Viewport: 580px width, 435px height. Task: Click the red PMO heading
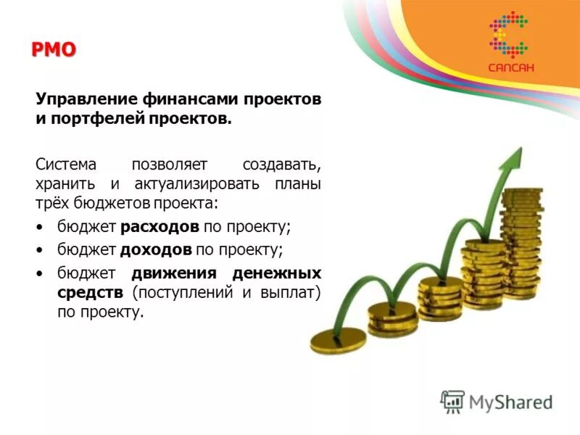click(54, 50)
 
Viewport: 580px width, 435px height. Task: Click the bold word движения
click(174, 274)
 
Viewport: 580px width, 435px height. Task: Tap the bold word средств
click(91, 293)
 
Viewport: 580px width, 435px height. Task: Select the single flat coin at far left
click(338, 340)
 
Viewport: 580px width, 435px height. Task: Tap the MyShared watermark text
click(510, 401)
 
